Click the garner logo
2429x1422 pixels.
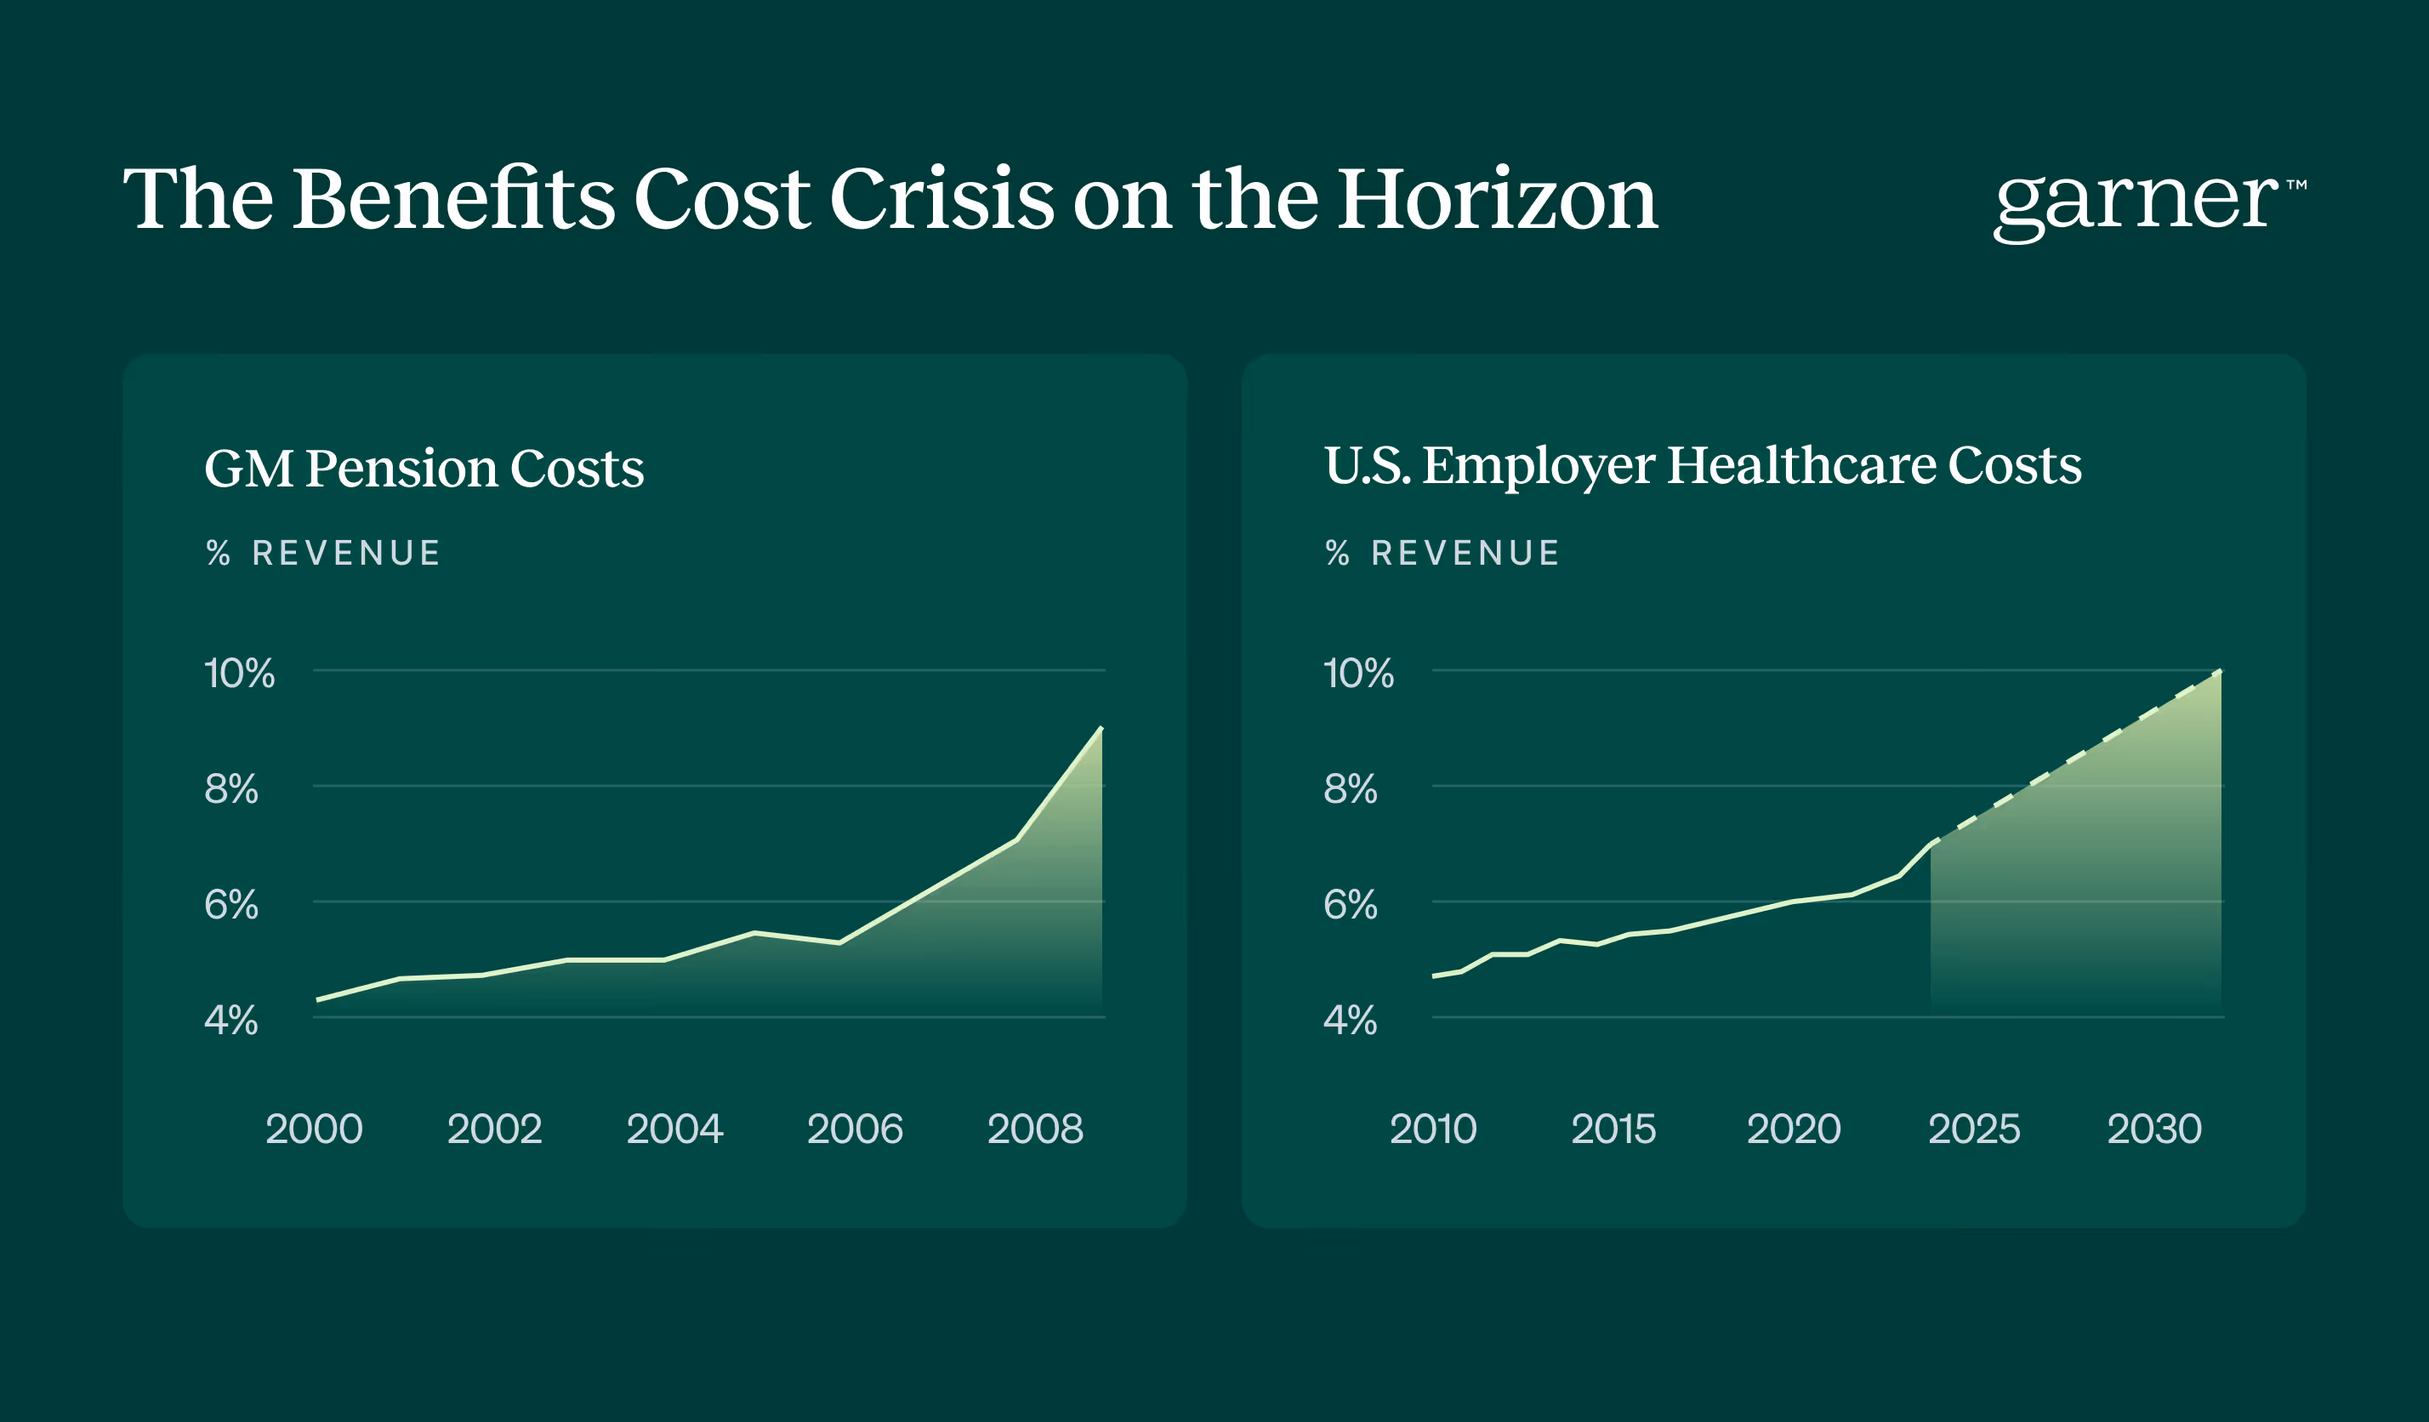click(2149, 204)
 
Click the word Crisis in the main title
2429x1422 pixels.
click(941, 199)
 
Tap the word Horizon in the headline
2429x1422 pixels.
click(1497, 199)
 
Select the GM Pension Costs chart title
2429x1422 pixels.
click(424, 469)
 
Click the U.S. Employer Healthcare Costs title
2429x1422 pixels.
click(1702, 467)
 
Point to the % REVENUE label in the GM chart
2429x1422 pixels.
click(324, 554)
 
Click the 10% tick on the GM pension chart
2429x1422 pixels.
click(240, 674)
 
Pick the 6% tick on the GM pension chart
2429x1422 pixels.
click(231, 905)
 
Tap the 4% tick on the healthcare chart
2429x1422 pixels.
click(1351, 1021)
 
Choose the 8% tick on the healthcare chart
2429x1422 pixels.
click(1351, 789)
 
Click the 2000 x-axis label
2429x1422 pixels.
click(314, 1129)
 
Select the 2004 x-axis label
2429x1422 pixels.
click(674, 1129)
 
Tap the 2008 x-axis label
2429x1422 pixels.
click(1035, 1129)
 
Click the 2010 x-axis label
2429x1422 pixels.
click(1433, 1129)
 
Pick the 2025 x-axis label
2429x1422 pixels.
click(1974, 1129)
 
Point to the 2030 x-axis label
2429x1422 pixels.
click(2154, 1129)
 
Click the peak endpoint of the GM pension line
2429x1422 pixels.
click(1101, 728)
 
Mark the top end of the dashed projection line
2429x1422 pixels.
click(2221, 670)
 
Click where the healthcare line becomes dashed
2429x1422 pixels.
click(1931, 845)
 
